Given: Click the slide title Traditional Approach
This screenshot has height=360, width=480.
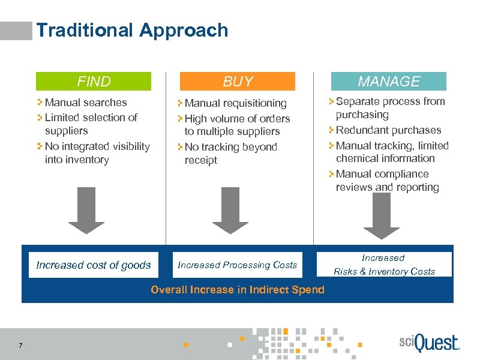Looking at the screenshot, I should [x=132, y=30].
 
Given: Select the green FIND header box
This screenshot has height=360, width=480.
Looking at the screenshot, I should [x=94, y=82].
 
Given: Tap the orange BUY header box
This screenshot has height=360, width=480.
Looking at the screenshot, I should [x=238, y=82].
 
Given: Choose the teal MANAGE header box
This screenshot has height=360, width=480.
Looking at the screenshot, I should [x=389, y=82].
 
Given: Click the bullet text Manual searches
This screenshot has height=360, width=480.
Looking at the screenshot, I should [x=86, y=103].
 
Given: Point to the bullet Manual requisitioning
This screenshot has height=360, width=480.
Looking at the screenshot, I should [x=235, y=104].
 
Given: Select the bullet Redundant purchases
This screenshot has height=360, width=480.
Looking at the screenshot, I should [x=388, y=130].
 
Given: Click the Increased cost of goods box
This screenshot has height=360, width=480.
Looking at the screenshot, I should [x=94, y=265].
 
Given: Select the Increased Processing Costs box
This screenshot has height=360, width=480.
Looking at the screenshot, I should [x=238, y=265].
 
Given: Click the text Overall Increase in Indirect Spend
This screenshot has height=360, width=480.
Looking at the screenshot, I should [x=238, y=290].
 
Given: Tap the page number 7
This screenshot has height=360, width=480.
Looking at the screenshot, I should [x=21, y=345].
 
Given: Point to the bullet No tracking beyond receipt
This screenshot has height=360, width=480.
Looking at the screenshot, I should [x=230, y=154].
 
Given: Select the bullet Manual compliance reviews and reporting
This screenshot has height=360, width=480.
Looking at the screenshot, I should [x=387, y=181].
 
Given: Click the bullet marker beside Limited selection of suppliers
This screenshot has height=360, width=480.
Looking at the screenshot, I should [x=40, y=118].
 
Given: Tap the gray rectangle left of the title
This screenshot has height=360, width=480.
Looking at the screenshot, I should [x=16, y=31].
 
